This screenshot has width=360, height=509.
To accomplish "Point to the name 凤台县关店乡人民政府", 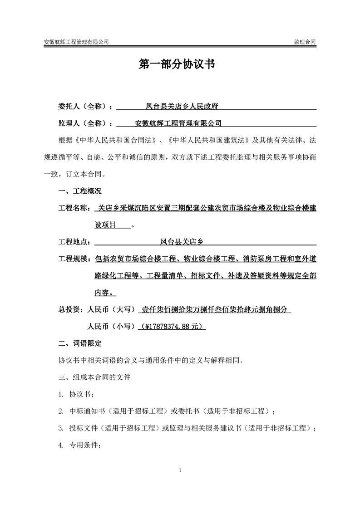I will point(182,107).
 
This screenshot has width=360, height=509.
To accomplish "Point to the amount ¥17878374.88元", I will point(174,326).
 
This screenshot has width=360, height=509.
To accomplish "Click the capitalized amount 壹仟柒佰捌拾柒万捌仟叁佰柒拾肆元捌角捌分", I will point(215,310).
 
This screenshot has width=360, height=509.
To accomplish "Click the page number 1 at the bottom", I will point(180,469).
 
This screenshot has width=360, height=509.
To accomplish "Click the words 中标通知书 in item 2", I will point(87,411).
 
